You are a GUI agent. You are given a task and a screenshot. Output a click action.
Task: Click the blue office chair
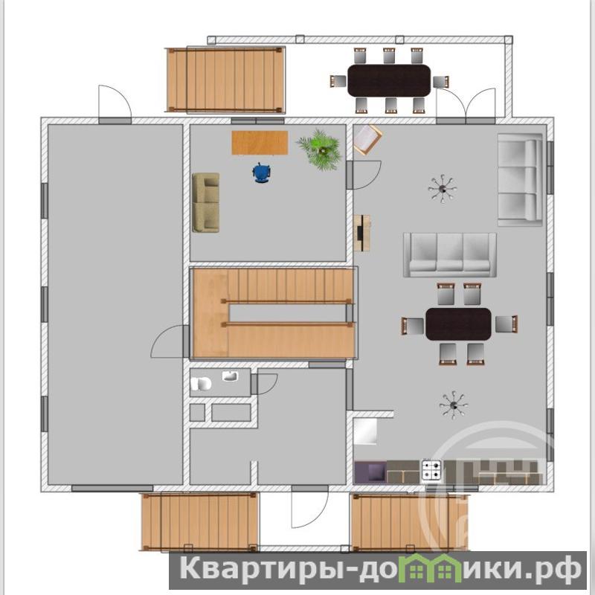pos(261,173)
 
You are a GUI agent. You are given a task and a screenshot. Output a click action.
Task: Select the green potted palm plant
pos(320,149)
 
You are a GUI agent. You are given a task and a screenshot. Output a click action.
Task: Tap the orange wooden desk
pos(260,143)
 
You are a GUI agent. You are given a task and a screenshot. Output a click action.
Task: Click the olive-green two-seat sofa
pos(206,202)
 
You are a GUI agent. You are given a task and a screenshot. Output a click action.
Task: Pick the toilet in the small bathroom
pos(201,384)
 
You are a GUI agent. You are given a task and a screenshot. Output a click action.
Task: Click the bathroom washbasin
pos(231,376)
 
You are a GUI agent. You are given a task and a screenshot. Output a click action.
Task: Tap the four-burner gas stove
pos(432,471)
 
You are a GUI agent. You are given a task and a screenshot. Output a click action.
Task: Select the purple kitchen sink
pos(370,472)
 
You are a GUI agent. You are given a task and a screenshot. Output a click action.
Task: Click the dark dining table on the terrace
pos(389,80)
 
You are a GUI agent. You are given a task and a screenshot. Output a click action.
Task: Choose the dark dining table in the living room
pos(459,324)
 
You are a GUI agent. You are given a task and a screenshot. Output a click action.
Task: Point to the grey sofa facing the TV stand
pos(450,255)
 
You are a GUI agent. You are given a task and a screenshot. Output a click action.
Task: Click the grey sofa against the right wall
pos(520,180)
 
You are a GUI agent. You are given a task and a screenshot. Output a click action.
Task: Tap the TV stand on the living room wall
pos(362,233)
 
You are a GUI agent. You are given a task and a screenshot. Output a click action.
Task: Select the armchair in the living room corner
pos(367,140)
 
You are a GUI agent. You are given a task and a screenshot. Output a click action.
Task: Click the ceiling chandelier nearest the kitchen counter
pos(454,405)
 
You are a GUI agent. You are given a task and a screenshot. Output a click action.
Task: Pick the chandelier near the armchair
pos(443,189)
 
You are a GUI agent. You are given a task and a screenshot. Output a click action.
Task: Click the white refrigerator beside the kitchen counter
pos(365,431)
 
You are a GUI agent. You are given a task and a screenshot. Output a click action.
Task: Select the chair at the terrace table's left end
pos(338,81)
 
